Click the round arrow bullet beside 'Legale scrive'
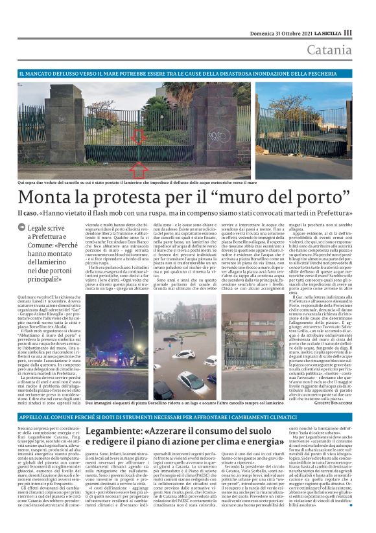(23, 228)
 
